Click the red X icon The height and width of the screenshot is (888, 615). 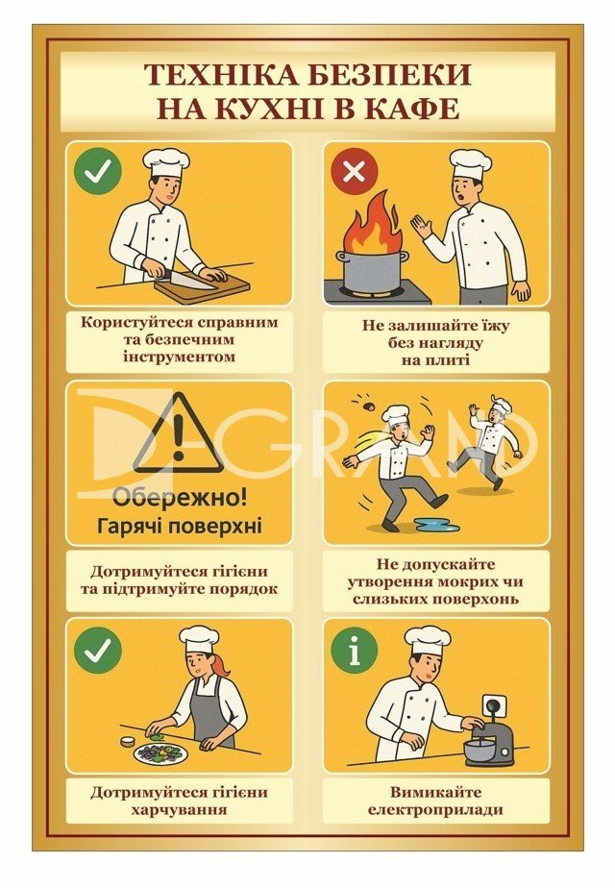(355, 171)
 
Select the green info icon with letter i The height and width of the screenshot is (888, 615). (355, 649)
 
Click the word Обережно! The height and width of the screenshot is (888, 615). (179, 499)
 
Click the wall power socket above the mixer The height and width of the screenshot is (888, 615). (493, 706)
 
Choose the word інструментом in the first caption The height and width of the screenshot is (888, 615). (179, 357)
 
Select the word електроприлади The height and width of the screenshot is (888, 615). (435, 809)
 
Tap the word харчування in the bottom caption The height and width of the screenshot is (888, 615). (179, 809)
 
